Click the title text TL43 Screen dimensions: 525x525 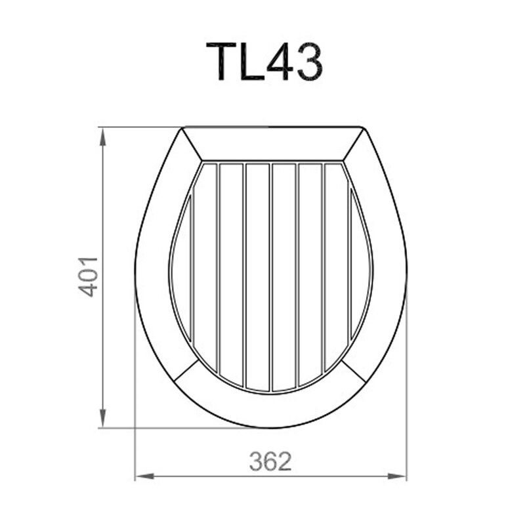coord(264,62)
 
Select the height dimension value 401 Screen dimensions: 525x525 coord(89,277)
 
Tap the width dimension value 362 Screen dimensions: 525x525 coord(270,461)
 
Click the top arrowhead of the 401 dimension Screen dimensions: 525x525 coord(103,136)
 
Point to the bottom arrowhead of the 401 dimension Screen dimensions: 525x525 coord(103,419)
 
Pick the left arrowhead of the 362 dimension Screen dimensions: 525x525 coord(144,476)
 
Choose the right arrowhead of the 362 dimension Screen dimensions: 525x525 coord(397,476)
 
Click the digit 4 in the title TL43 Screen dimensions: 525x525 coord(280,62)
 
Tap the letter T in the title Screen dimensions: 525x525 coord(221,62)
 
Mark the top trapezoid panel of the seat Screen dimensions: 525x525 coord(272,144)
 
